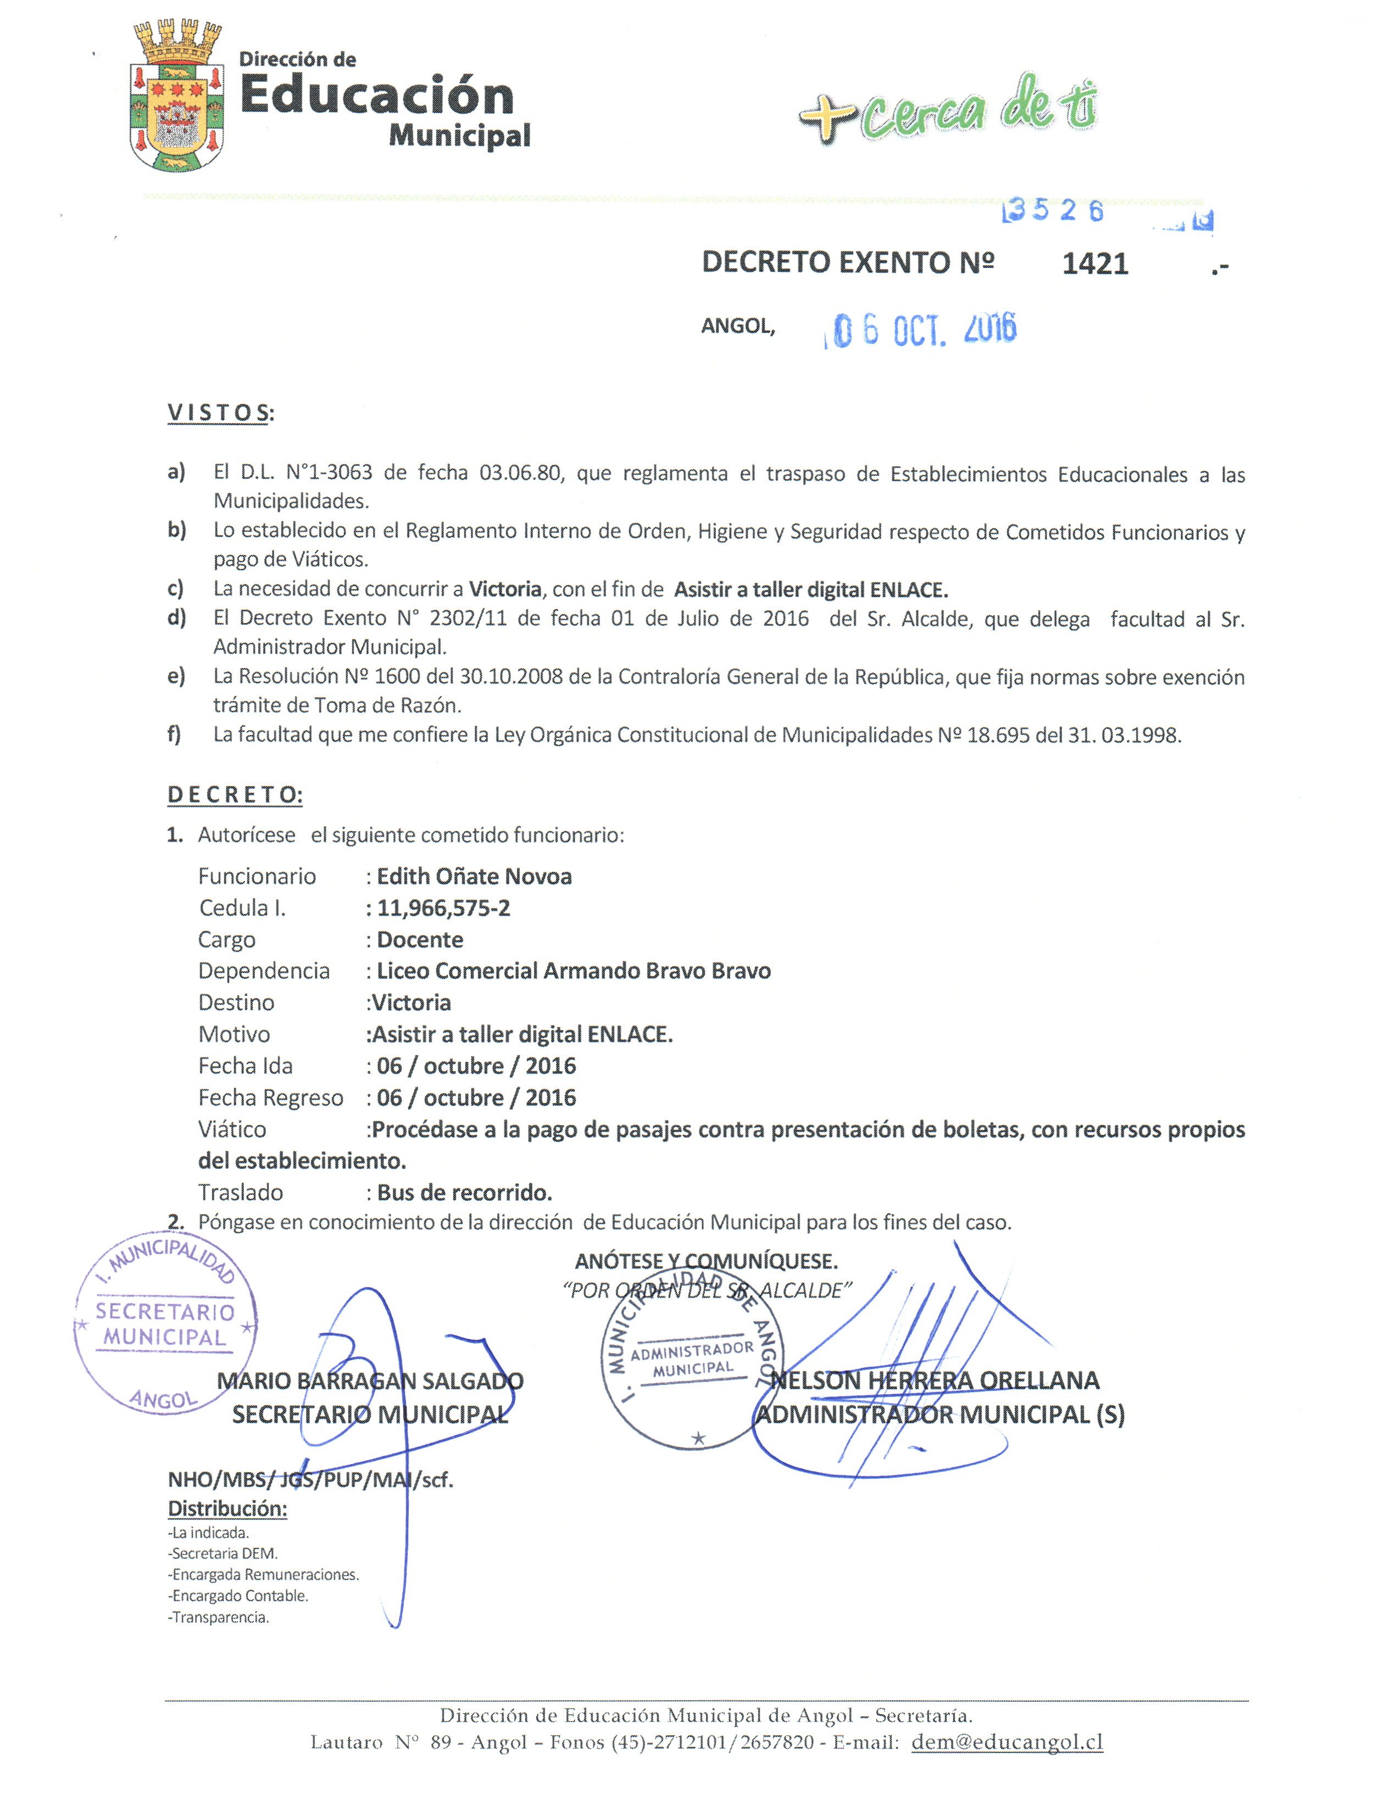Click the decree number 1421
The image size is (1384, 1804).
click(x=1095, y=264)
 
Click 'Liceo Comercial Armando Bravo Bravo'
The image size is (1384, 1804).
click(x=574, y=971)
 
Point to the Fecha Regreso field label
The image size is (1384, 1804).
click(x=270, y=1098)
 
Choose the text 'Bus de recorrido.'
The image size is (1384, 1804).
click(x=465, y=1193)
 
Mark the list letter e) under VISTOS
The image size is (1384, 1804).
click(x=175, y=677)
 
